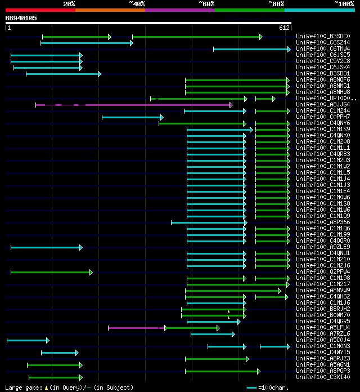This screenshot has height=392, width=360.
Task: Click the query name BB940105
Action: click(21, 18)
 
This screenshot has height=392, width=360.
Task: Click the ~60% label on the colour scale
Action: click(206, 3)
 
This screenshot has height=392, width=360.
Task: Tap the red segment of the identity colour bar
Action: click(40, 10)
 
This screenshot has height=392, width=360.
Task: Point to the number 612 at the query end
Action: click(283, 28)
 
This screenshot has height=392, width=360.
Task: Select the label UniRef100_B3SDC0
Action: click(323, 37)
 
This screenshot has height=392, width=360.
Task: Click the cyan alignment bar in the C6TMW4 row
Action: click(251, 49)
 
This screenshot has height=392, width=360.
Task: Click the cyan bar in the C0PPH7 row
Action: click(132, 117)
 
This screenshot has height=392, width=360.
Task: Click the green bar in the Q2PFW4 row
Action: click(51, 272)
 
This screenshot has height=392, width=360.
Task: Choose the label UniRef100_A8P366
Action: click(323, 222)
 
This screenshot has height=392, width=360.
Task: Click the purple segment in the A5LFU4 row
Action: click(137, 328)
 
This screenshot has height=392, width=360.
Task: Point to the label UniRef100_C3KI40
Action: click(323, 377)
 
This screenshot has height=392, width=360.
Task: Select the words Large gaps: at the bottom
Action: click(22, 387)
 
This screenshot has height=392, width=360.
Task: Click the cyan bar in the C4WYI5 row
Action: click(60, 353)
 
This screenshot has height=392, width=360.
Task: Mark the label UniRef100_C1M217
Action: click(323, 284)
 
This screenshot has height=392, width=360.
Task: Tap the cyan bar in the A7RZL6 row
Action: click(213, 334)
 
